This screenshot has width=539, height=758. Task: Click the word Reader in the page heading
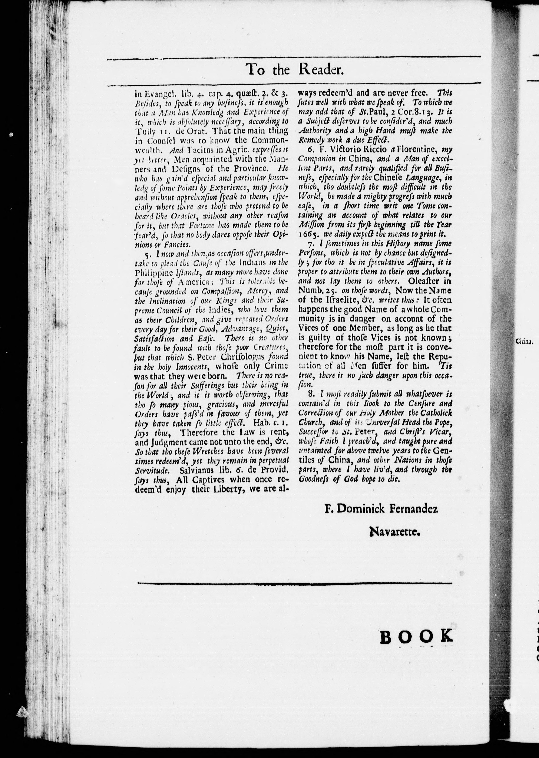320,70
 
